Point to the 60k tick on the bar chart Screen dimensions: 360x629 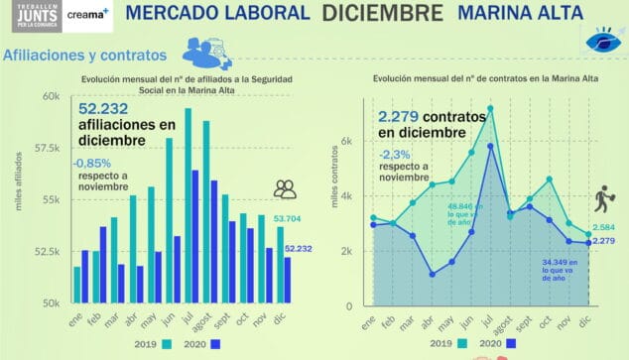tap(51, 96)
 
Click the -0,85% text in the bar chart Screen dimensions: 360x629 tap(92, 164)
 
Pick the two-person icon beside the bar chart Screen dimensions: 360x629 tap(285, 188)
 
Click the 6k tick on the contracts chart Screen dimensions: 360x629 tap(346, 141)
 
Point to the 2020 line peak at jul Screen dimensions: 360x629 tap(490, 145)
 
